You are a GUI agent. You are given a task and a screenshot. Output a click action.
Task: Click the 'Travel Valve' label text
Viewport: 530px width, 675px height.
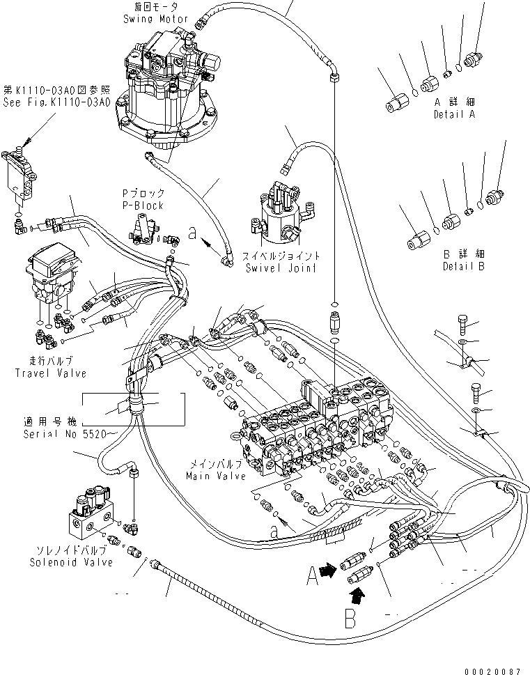tap(50, 373)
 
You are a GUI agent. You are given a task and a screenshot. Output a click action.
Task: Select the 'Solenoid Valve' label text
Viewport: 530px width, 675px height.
tap(72, 562)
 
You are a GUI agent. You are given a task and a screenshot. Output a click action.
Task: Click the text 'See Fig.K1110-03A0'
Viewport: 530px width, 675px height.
tap(56, 102)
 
